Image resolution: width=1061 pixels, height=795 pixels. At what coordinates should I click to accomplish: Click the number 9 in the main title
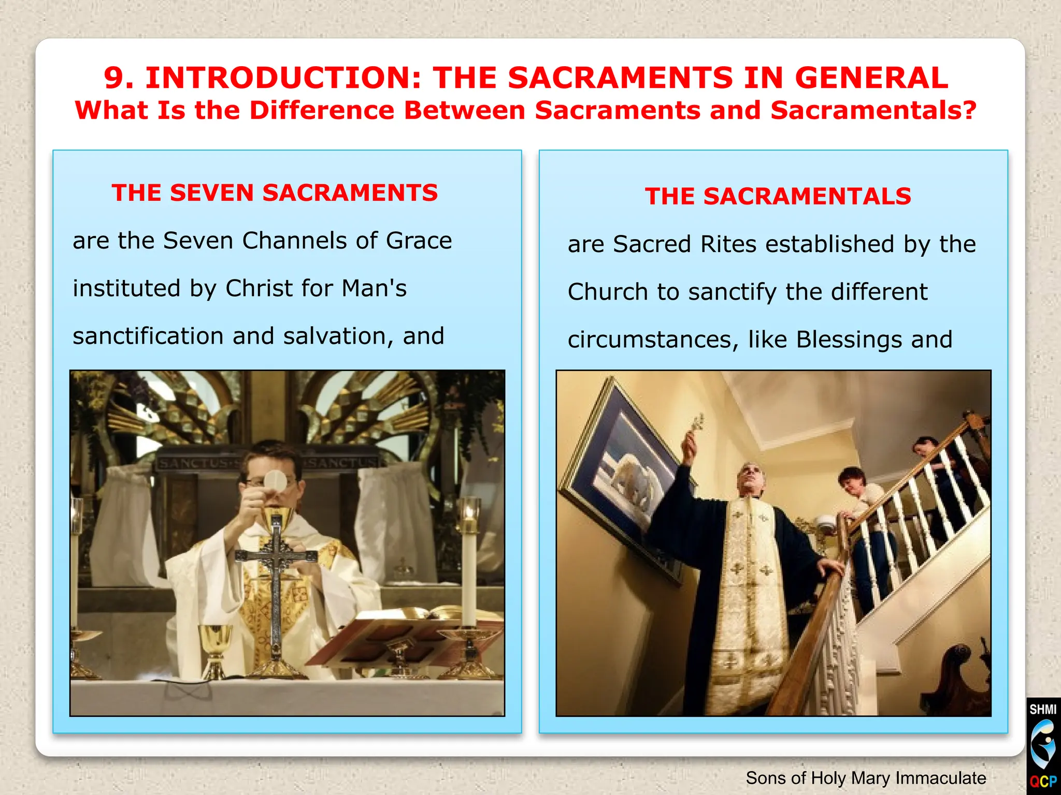(114, 78)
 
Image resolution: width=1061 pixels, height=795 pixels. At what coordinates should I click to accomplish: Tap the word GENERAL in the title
(871, 78)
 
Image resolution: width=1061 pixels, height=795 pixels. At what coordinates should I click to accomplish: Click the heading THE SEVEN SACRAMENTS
(275, 193)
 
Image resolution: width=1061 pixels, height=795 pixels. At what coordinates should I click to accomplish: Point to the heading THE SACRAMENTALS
(778, 197)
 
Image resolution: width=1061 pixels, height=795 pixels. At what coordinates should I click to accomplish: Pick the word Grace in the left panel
(419, 241)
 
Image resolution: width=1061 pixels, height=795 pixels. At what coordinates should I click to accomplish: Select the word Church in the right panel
(608, 292)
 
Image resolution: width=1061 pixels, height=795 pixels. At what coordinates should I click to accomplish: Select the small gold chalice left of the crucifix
(214, 647)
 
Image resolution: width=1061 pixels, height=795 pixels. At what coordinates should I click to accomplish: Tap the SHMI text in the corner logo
(1043, 709)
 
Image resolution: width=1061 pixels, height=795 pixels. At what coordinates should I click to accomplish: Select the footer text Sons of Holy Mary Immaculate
(866, 778)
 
